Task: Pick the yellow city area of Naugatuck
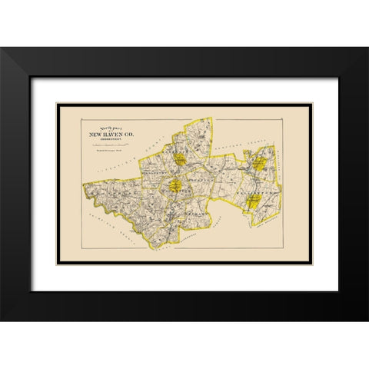click(175, 185)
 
